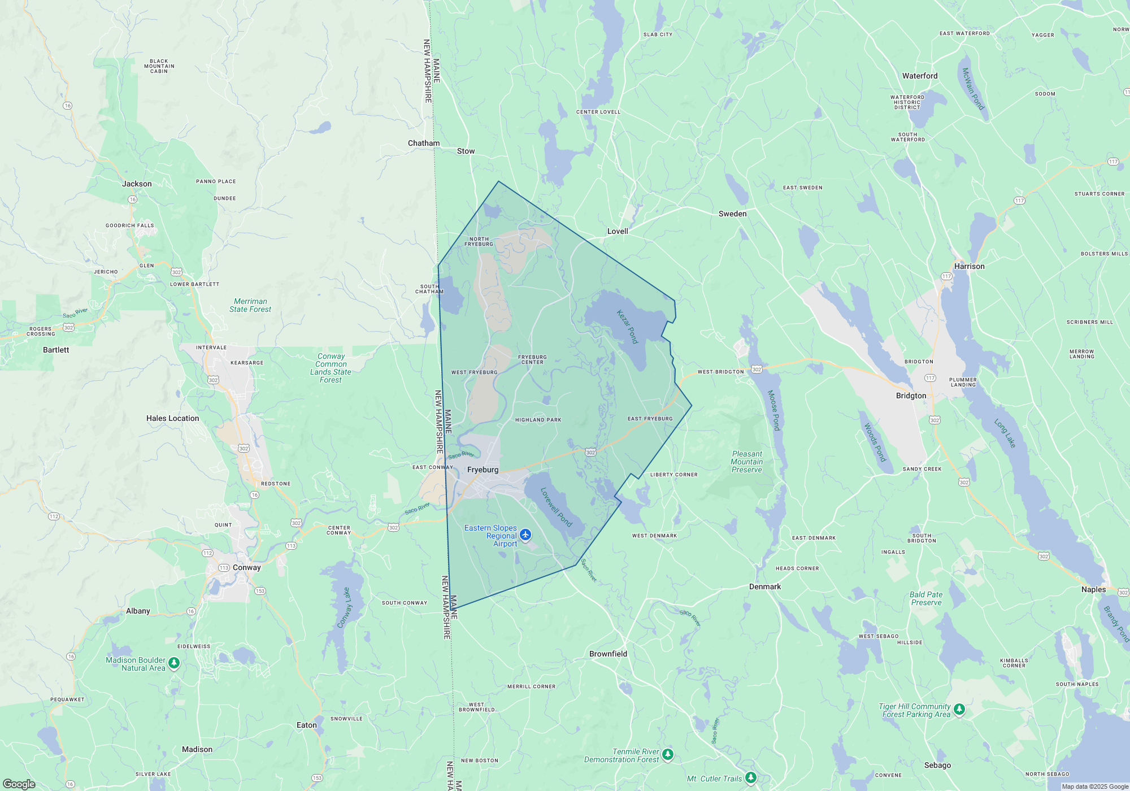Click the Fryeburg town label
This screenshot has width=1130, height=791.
click(483, 470)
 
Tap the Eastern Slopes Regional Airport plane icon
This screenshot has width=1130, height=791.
click(525, 534)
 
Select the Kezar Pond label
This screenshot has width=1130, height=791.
click(627, 327)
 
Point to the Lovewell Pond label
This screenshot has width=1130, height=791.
click(557, 507)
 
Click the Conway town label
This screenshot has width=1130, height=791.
click(246, 567)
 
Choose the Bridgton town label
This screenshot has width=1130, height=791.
click(911, 395)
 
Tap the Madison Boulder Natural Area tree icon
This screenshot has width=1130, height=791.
click(174, 663)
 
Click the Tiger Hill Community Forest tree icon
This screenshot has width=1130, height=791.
click(959, 709)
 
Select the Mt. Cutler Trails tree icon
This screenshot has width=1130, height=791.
click(750, 778)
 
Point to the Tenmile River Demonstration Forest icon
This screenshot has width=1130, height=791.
click(668, 754)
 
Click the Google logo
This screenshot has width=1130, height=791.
click(19, 784)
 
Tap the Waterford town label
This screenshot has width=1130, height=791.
click(919, 76)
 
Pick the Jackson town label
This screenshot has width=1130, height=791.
click(137, 184)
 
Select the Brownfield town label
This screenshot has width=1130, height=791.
click(608, 654)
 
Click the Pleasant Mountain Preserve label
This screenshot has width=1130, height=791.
click(746, 462)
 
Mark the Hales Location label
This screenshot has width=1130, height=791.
click(172, 418)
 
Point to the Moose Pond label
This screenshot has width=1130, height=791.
click(773, 410)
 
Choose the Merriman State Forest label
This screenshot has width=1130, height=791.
click(250, 305)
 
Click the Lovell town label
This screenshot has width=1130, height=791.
click(618, 231)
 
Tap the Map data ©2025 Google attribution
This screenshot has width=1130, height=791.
click(1094, 786)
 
